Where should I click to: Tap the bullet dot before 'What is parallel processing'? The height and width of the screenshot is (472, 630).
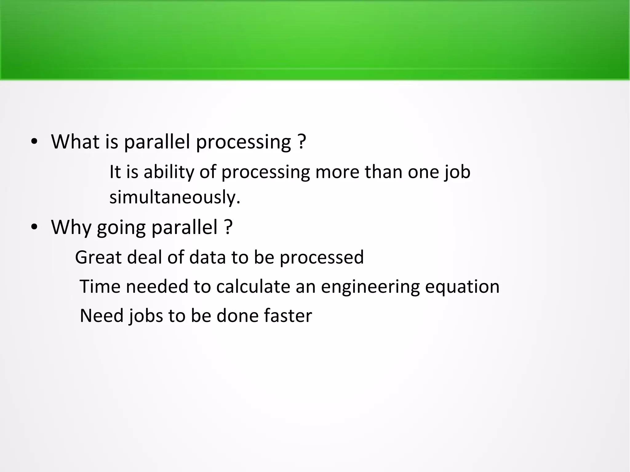pyautogui.click(x=34, y=142)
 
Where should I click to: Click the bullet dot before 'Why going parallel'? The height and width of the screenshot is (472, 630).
pyautogui.click(x=34, y=227)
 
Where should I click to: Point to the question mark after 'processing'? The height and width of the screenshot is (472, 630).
pyautogui.click(x=302, y=142)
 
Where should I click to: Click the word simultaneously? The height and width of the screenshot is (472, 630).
pyautogui.click(x=174, y=197)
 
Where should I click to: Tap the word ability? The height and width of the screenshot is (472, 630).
pyautogui.click(x=169, y=172)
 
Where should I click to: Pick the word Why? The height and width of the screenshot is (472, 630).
pyautogui.click(x=71, y=228)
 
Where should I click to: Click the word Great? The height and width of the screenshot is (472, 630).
pyautogui.click(x=98, y=257)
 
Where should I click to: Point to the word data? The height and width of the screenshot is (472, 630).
pyautogui.click(x=207, y=257)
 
